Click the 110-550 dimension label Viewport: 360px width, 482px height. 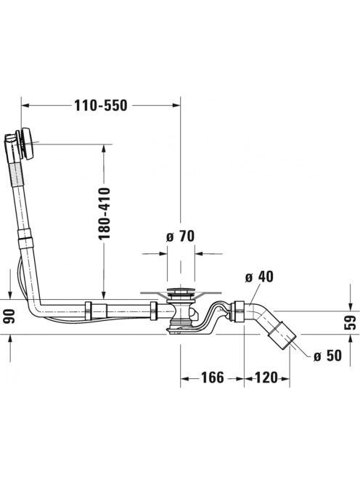(101, 105)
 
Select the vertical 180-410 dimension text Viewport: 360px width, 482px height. (104, 213)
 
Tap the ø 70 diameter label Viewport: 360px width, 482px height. (180, 237)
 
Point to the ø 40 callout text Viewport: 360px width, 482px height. (259, 277)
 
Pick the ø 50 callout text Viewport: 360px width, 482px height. (327, 356)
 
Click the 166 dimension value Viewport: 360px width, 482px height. (213, 377)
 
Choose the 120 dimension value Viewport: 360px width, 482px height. (266, 377)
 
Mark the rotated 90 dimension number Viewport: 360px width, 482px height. (9, 316)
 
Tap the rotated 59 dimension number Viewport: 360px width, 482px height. (351, 322)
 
